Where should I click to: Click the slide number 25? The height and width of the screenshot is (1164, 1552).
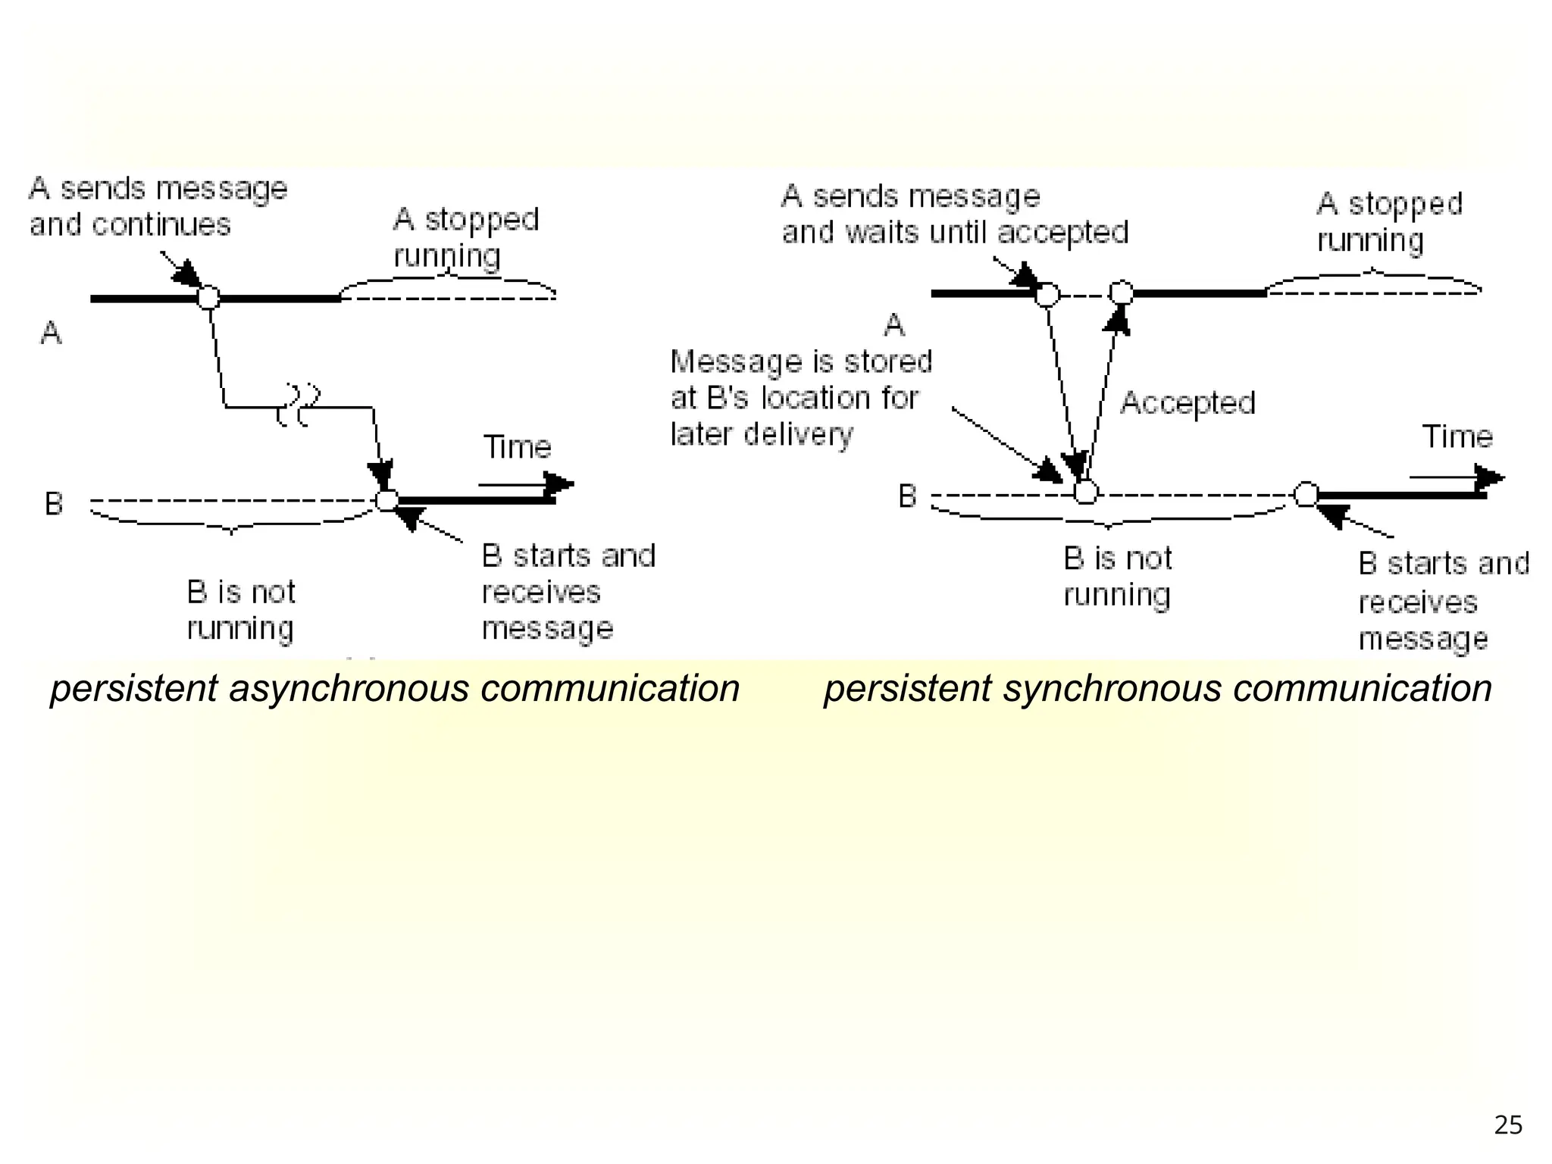[1507, 1125]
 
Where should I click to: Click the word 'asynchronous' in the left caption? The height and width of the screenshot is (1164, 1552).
[349, 690]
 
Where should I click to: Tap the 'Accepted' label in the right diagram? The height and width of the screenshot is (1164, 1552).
[1187, 403]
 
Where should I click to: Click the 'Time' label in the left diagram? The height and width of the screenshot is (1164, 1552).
[517, 447]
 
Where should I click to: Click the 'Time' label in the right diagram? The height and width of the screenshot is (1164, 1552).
[1457, 437]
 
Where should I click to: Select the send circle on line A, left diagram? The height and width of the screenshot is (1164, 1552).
[208, 297]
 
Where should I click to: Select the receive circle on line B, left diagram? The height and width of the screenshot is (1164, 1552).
[387, 500]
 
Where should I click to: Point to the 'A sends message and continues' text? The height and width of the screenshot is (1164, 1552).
[158, 206]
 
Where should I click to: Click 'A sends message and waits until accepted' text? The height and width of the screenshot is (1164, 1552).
[954, 214]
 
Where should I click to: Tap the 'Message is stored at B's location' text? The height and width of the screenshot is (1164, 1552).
[799, 398]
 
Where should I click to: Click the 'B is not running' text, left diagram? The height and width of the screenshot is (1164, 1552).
[241, 610]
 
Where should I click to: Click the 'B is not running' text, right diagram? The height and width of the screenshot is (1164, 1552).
[1117, 577]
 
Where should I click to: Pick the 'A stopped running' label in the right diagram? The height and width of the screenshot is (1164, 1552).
[1388, 221]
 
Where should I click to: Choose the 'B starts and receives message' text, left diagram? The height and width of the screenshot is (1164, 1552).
[568, 592]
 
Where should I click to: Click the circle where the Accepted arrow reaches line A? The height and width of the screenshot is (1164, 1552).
[1121, 293]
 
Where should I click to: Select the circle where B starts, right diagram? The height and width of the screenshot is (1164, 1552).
[1306, 494]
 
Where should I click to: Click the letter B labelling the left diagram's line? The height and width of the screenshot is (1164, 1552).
[54, 504]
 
